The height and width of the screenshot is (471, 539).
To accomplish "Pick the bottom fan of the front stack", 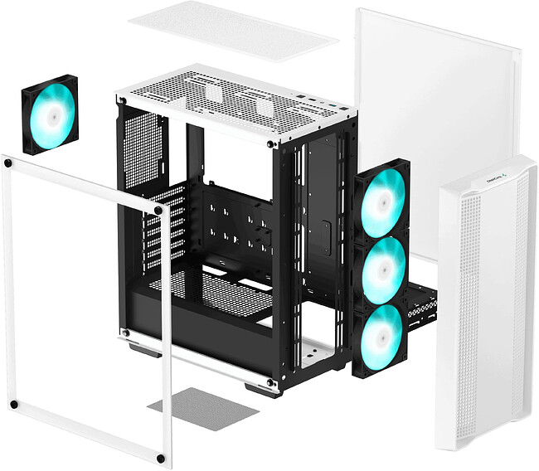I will click(380, 333).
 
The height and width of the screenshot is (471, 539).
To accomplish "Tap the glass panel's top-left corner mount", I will click(8, 163).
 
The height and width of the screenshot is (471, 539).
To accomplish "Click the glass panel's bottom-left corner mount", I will click(12, 405).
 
